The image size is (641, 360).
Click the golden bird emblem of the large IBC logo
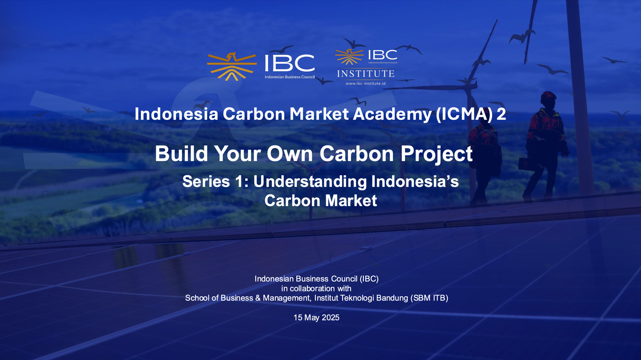232,67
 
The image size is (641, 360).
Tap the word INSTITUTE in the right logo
366,74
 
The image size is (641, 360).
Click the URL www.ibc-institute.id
365,84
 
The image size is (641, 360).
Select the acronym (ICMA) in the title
464,114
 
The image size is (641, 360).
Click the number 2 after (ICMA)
501,114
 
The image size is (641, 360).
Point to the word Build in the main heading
181,154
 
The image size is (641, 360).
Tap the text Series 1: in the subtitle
216,182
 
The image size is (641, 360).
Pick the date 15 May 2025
316,318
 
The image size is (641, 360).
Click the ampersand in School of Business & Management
258,298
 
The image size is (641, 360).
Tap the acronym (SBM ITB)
429,298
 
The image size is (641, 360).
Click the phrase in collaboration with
316,288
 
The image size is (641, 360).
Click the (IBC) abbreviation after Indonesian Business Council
369,279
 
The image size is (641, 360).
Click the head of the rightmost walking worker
548,99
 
